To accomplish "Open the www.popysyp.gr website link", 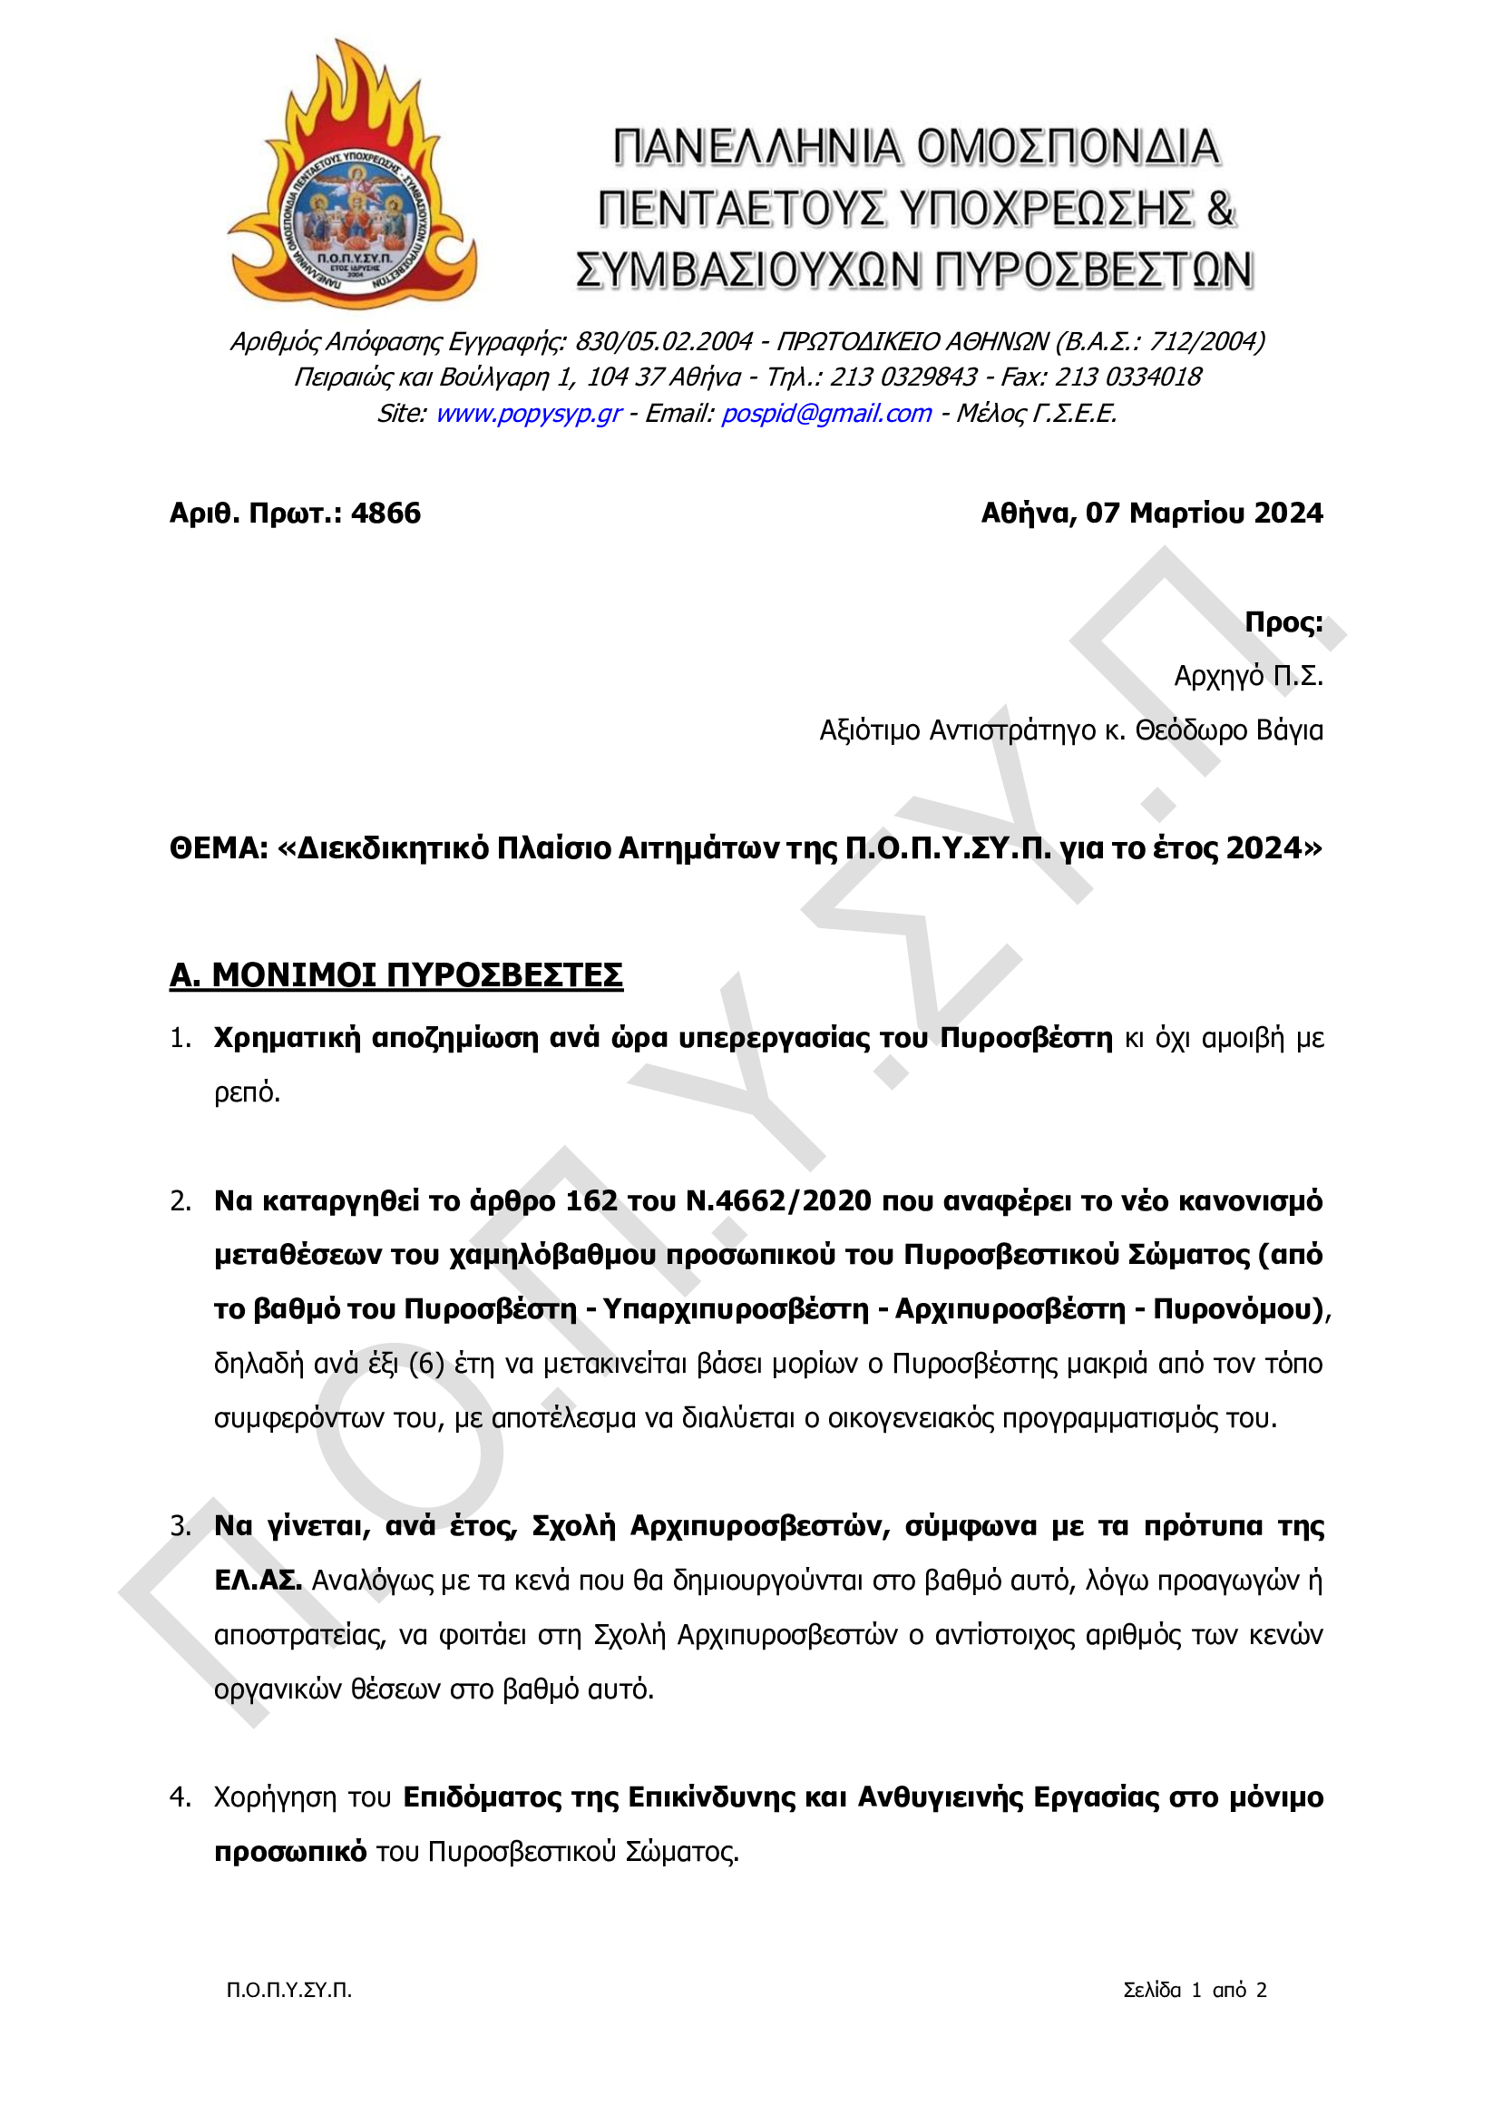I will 529,414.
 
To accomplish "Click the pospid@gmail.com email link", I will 826,414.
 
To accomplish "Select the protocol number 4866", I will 385,513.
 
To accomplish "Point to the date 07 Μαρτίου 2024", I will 1204,513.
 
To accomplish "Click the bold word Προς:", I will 1283,622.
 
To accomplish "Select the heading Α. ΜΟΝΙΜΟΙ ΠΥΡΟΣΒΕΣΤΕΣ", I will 396,974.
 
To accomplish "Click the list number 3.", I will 180,1526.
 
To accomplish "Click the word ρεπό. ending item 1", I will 247,1092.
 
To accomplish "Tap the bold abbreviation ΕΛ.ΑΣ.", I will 258,1581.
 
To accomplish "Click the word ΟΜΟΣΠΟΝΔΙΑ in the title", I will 1068,148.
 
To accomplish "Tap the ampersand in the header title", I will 1219,209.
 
